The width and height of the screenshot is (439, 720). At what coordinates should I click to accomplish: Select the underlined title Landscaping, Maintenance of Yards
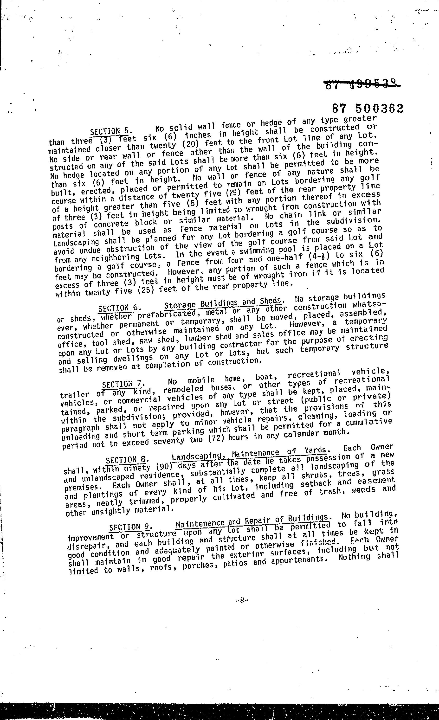(x=250, y=454)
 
